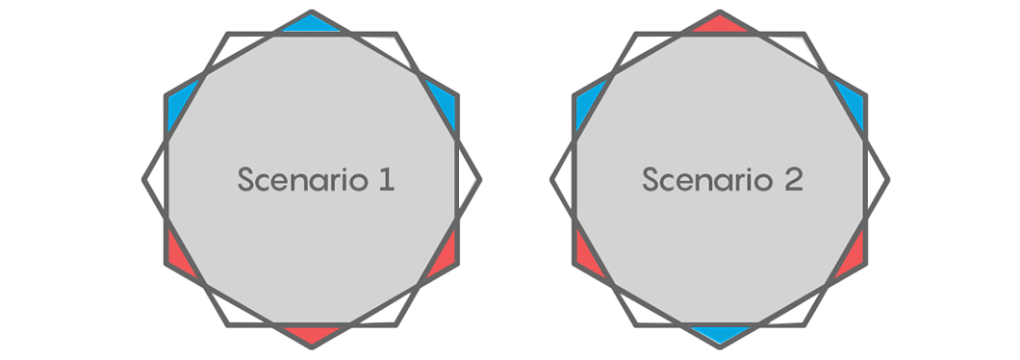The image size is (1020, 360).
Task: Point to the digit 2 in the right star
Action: (793, 179)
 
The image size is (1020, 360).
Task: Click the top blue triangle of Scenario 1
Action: (312, 24)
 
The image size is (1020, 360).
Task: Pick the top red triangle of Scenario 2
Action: (720, 24)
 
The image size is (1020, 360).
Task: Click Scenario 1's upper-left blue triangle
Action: (178, 104)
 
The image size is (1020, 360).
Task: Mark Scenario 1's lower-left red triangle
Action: (178, 255)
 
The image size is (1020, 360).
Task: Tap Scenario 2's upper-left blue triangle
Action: (586, 104)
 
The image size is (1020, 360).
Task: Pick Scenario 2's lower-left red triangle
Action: (586, 255)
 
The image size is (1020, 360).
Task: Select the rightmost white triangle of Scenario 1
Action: (467, 179)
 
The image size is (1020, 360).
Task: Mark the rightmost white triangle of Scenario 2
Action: (875, 179)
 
